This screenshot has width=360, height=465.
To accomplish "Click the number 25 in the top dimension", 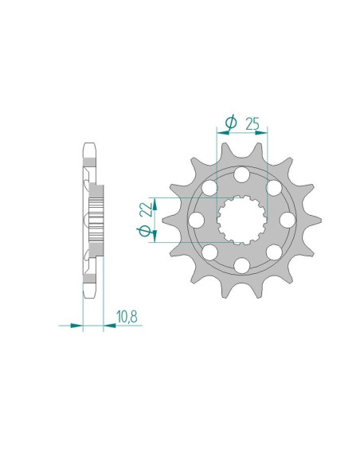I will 252,123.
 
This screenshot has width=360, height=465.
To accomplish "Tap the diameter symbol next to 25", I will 231,123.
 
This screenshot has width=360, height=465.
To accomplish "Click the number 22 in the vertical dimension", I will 144,210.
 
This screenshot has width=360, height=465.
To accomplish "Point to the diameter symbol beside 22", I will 144,231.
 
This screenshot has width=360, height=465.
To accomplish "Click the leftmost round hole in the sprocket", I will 196,220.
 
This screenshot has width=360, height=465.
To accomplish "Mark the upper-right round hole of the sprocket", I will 273,188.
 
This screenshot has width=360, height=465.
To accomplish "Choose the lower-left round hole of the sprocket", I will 210,252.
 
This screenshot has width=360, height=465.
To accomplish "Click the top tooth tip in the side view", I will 89,147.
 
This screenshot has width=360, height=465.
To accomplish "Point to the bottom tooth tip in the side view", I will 89,291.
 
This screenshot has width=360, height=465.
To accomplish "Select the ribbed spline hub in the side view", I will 98,219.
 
